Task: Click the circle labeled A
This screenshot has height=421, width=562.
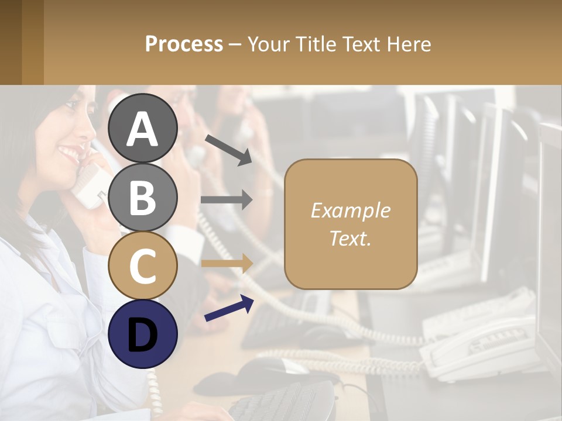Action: [x=143, y=128]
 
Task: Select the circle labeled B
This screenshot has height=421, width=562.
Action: [x=143, y=197]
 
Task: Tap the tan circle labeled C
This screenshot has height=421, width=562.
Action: [x=143, y=265]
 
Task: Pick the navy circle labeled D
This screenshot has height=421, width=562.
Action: [x=143, y=334]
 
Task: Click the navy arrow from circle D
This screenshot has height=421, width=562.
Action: [x=229, y=309]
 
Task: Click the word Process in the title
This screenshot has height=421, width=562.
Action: [x=184, y=44]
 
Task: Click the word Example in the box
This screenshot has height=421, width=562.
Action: [x=351, y=210]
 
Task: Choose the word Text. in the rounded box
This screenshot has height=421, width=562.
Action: [x=351, y=238]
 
